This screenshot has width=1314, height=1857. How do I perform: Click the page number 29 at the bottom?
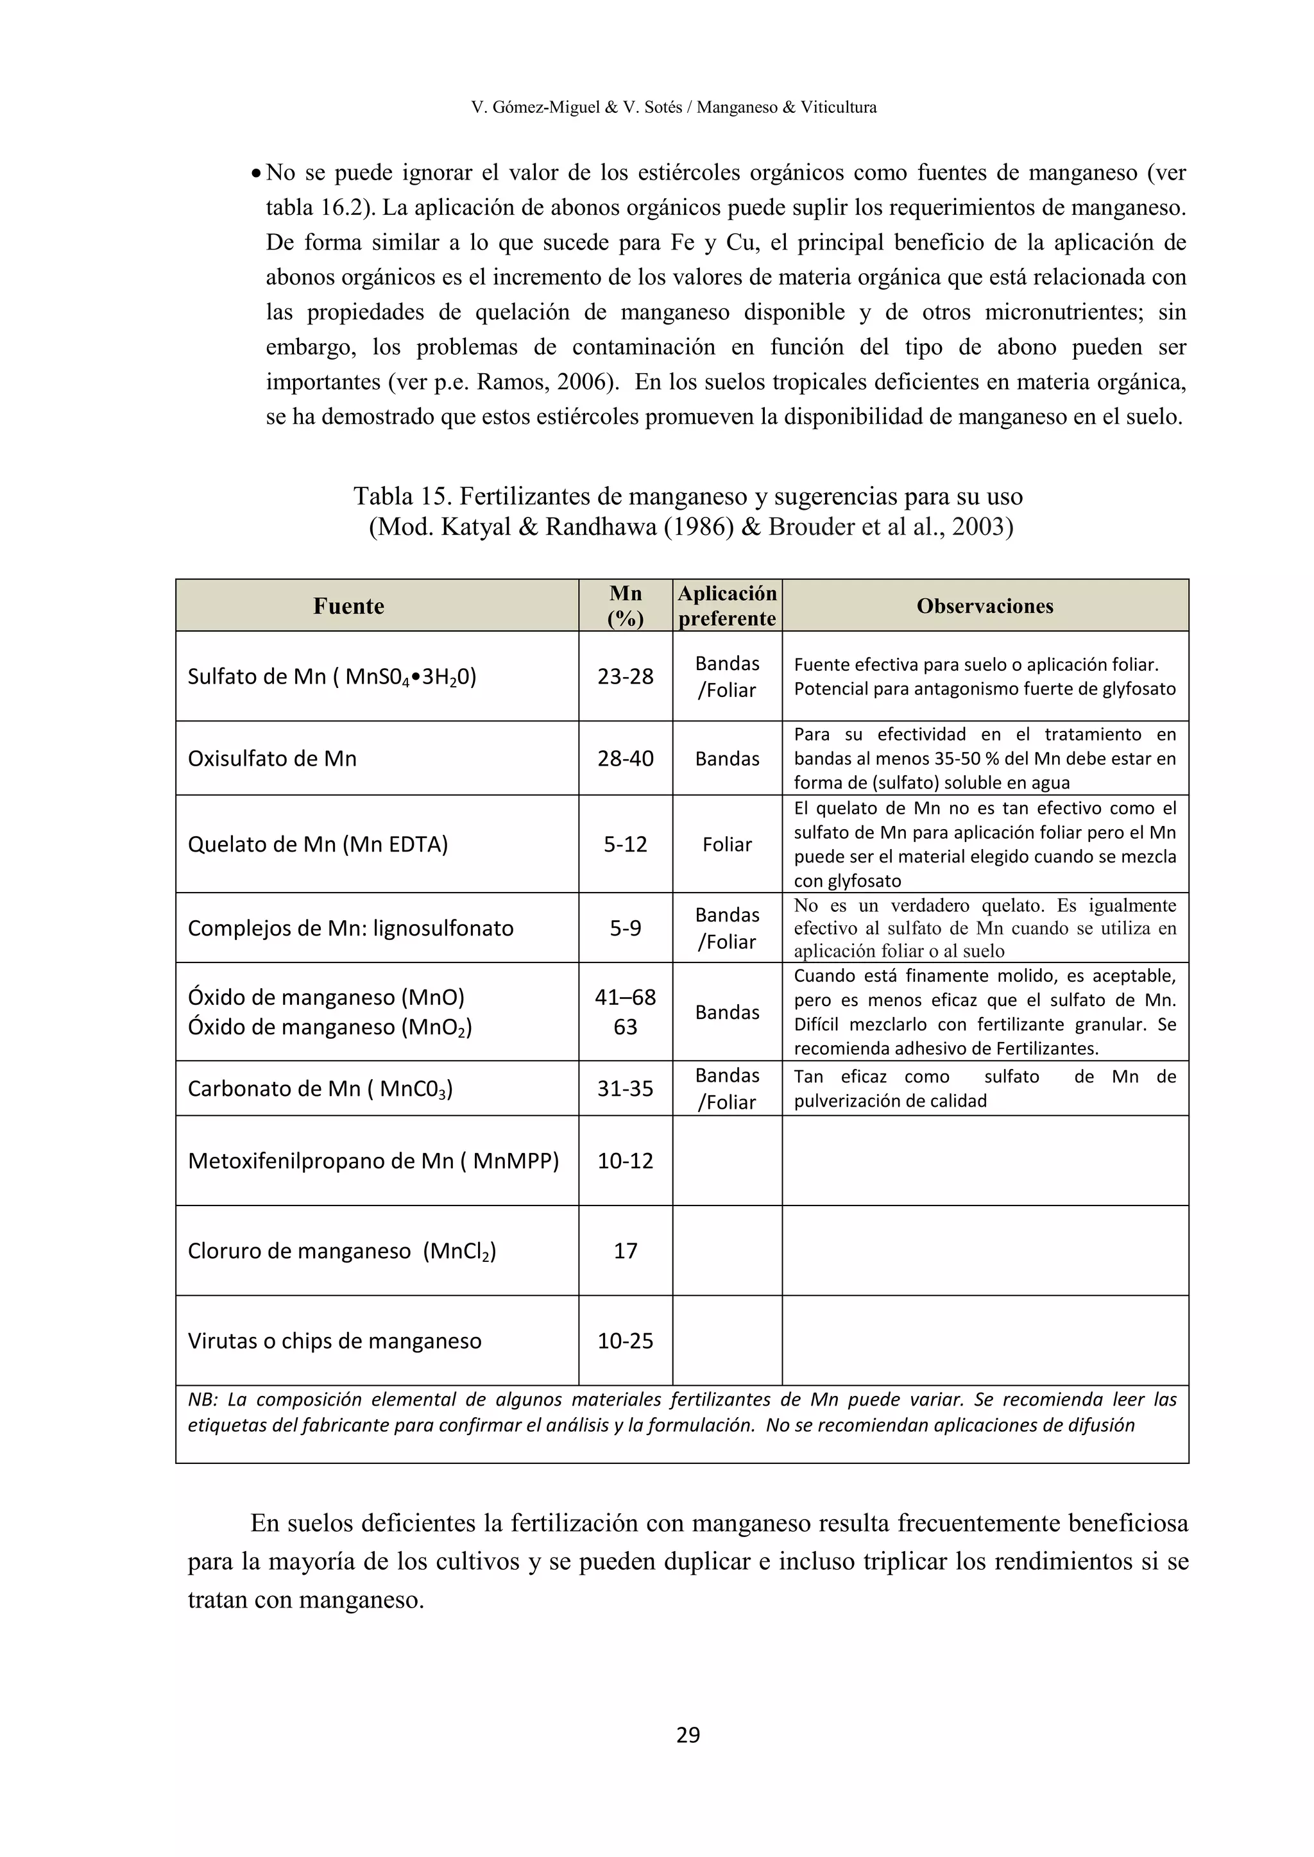(x=688, y=1734)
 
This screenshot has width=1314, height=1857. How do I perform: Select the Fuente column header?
(x=349, y=606)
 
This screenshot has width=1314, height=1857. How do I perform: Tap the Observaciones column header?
(x=985, y=606)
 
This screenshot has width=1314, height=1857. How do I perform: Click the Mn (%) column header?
(x=626, y=606)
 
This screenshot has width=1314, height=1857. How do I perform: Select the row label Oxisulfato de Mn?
(x=272, y=759)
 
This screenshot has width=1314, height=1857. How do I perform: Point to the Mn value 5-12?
(x=626, y=844)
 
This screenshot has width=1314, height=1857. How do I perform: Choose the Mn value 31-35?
(x=626, y=1089)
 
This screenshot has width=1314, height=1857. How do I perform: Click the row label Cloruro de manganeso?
(x=341, y=1251)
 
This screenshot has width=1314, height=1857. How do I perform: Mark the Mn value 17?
(x=626, y=1251)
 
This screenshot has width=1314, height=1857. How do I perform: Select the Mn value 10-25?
(x=626, y=1341)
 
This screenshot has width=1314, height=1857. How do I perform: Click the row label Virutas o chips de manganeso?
(x=334, y=1341)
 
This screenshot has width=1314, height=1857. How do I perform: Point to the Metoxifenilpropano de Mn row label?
(x=373, y=1161)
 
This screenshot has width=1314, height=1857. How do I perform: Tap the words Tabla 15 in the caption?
(x=396, y=496)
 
